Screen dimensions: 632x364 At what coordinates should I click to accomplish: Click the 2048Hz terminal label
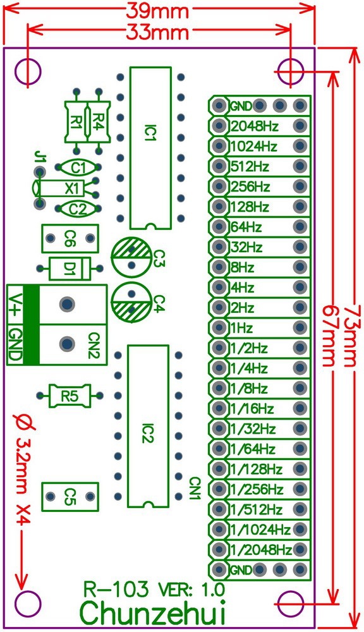(x=255, y=126)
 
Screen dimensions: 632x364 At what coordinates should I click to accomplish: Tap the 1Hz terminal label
(x=242, y=328)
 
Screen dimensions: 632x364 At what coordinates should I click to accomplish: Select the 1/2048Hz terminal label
(x=261, y=549)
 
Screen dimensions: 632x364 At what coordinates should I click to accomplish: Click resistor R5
(x=70, y=396)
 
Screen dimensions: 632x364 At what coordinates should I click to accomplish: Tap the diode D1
(x=70, y=269)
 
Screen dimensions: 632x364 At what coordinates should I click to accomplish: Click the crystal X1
(x=73, y=188)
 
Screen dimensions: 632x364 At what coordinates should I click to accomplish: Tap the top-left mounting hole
(x=28, y=71)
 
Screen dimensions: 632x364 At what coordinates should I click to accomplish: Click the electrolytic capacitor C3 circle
(x=131, y=255)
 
